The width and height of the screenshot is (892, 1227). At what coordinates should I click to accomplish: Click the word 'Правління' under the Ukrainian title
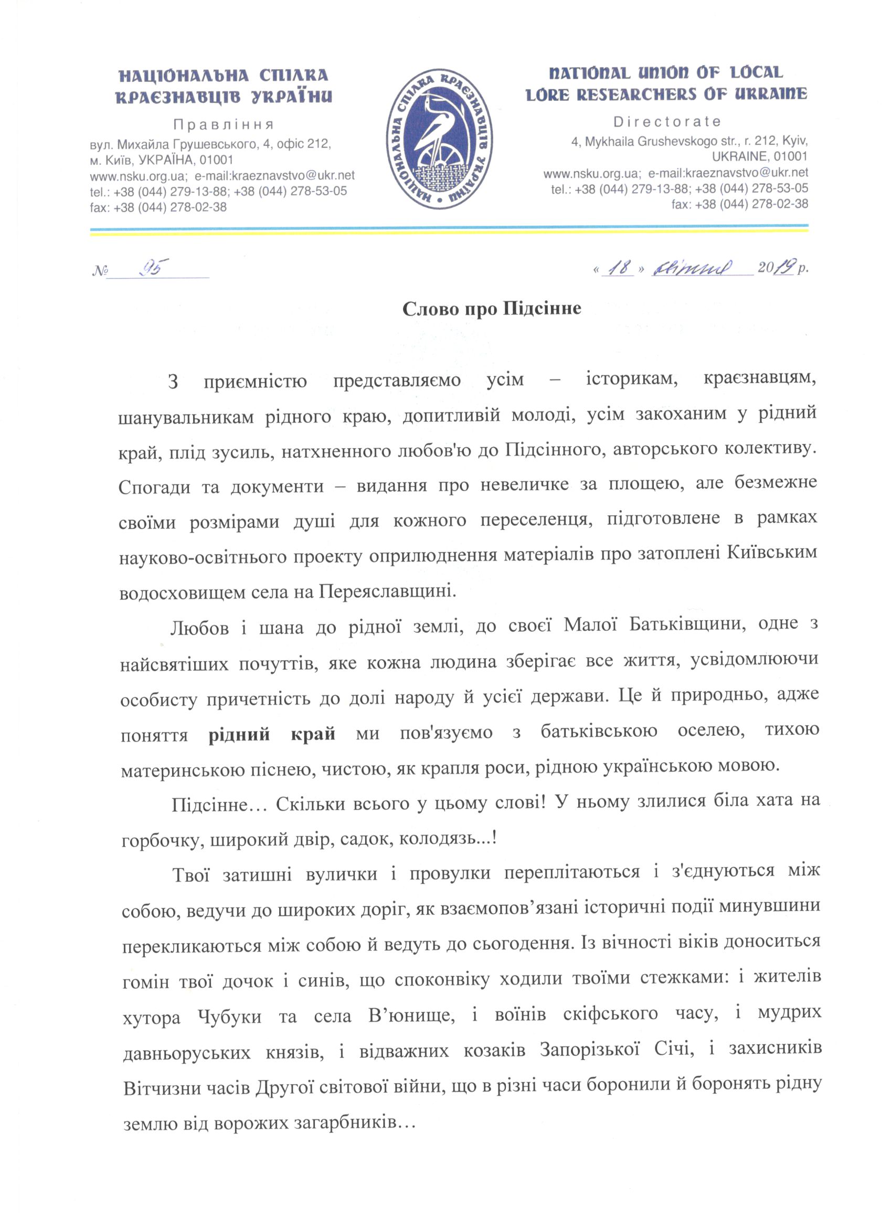click(224, 125)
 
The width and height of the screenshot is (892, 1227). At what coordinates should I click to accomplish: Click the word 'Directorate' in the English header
click(667, 121)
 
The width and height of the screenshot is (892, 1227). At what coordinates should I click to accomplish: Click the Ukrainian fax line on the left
click(158, 207)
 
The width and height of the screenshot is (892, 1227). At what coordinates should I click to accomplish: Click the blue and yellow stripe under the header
click(449, 230)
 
